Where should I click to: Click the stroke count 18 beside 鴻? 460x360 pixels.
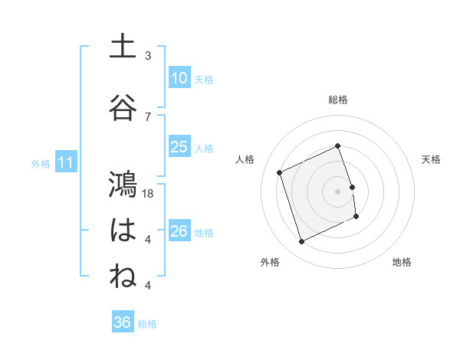149,195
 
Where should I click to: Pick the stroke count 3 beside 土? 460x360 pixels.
148,56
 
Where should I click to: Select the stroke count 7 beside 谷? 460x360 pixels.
148,116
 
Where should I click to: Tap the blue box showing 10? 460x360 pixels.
179,78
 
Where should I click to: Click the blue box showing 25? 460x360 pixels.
179,147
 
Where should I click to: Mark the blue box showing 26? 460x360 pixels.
179,231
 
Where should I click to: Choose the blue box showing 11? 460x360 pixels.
65,162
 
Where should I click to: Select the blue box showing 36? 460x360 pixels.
122,323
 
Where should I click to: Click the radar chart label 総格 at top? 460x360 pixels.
338,100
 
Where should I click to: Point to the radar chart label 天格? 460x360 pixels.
432,159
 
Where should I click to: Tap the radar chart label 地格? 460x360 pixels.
402,262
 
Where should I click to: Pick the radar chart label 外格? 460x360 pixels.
270,262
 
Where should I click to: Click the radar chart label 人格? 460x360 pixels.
245,159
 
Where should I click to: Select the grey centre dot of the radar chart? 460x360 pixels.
338,191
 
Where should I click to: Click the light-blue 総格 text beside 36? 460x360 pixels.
147,324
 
